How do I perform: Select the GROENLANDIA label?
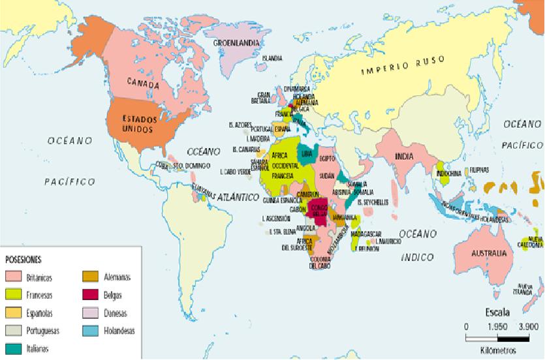point(237,43)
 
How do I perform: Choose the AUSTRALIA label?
point(488,253)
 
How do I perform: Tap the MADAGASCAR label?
point(366,233)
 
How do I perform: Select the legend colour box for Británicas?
point(13,277)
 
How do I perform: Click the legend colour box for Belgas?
point(90,295)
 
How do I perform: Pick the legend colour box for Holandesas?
point(90,331)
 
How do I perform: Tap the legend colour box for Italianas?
point(13,348)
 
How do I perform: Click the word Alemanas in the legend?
point(117,277)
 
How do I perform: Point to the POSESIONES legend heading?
point(24,260)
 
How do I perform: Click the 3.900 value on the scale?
point(527,326)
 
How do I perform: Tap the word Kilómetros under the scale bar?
point(497,351)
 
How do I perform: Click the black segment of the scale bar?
point(513,338)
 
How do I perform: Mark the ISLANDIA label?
point(272,59)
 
